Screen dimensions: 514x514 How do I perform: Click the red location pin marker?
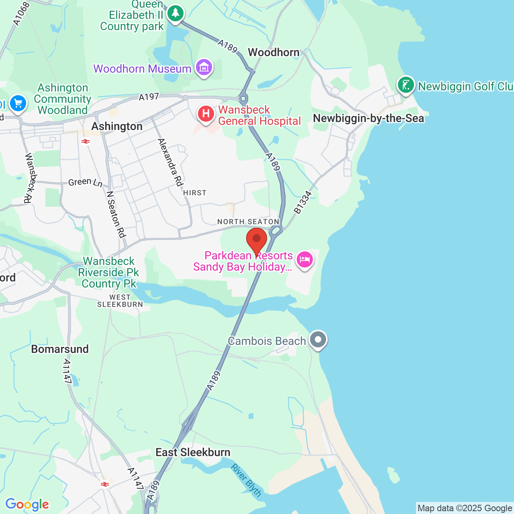pyautogui.click(x=257, y=240)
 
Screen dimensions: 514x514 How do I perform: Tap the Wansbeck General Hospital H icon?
pyautogui.click(x=206, y=114)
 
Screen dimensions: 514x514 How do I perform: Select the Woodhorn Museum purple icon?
pyautogui.click(x=204, y=68)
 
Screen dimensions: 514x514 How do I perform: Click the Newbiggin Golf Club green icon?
pyautogui.click(x=406, y=85)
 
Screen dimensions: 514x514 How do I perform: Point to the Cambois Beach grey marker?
pyautogui.click(x=318, y=340)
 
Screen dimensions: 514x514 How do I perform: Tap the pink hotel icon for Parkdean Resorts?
pyautogui.click(x=305, y=259)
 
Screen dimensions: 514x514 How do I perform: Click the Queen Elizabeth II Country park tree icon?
pyautogui.click(x=175, y=14)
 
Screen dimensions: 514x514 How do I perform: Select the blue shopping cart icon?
pyautogui.click(x=18, y=104)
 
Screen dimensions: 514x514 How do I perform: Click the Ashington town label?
pyautogui.click(x=117, y=126)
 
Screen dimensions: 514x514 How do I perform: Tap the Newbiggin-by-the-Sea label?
pyautogui.click(x=368, y=118)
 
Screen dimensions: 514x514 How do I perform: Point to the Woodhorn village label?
pyautogui.click(x=273, y=52)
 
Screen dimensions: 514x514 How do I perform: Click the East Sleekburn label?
pyautogui.click(x=193, y=453)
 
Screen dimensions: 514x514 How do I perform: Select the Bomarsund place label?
pyautogui.click(x=60, y=349)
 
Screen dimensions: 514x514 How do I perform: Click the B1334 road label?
pyautogui.click(x=303, y=202)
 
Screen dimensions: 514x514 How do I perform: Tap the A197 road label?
pyautogui.click(x=149, y=97)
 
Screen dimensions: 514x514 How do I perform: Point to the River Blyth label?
pyautogui.click(x=246, y=480)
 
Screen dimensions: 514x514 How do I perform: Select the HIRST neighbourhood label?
pyautogui.click(x=195, y=193)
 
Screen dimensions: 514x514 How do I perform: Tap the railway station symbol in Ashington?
pyautogui.click(x=85, y=141)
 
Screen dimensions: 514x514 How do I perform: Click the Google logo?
pyautogui.click(x=27, y=504)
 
